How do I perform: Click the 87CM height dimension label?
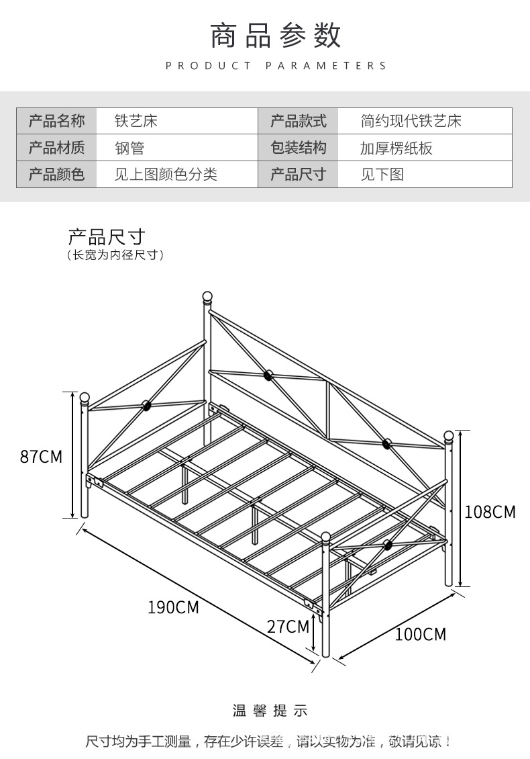tap(41, 457)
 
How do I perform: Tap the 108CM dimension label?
tap(490, 512)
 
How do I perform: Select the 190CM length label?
tap(173, 607)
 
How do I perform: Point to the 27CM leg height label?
tap(288, 627)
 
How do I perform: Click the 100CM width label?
tap(420, 634)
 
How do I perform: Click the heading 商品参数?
tap(276, 35)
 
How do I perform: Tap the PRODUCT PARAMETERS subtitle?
tap(276, 66)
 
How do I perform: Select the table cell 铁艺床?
tap(136, 122)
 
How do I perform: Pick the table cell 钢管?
tap(129, 148)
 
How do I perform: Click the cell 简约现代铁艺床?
tap(411, 122)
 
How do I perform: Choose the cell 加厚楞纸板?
tap(396, 148)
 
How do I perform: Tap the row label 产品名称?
tap(57, 122)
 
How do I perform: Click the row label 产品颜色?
tap(57, 175)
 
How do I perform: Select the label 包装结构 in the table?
tap(298, 148)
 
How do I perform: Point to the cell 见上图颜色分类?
tap(166, 175)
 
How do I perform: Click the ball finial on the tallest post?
tap(208, 296)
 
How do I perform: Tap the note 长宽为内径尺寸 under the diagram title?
tap(115, 255)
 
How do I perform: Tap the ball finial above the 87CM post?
tap(85, 397)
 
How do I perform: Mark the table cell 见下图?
tap(382, 175)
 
